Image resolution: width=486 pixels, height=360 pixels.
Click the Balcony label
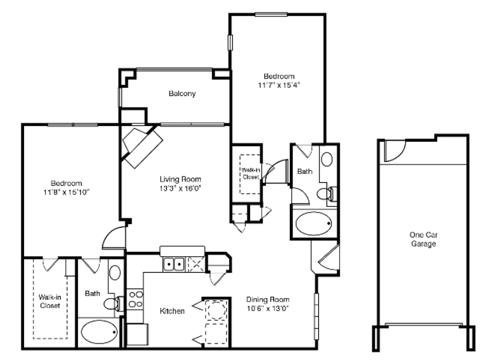[182, 94]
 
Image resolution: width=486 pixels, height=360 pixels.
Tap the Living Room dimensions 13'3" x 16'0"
[180, 189]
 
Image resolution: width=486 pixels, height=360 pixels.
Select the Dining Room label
[268, 300]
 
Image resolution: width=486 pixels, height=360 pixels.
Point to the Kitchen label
[172, 311]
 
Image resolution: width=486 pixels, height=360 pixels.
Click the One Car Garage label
[423, 239]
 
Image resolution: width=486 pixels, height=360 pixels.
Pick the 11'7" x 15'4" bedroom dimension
[279, 85]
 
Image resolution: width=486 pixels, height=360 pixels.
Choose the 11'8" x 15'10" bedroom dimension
[66, 192]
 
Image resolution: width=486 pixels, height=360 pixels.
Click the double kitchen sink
[174, 264]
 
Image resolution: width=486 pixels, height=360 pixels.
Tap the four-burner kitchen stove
[135, 299]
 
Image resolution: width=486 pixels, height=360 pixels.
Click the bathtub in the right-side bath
[314, 223]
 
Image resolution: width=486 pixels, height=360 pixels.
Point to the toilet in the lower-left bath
[113, 303]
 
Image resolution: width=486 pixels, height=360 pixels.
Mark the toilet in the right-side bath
[327, 194]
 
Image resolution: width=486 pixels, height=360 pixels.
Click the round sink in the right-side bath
[327, 159]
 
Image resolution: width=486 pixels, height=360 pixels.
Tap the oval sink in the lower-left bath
[115, 273]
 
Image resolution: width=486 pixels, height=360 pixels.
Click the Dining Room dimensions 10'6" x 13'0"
[268, 309]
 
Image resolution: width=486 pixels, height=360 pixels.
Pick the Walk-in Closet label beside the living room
[251, 173]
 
